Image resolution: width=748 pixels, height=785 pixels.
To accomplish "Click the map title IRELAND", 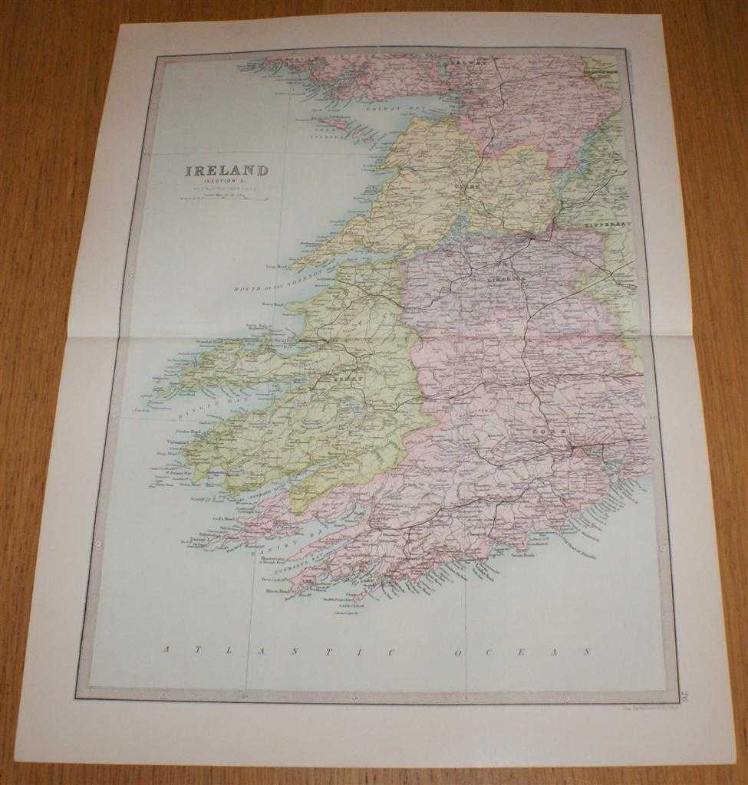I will click(226, 170).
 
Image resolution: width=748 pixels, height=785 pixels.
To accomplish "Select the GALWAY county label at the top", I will click(469, 66).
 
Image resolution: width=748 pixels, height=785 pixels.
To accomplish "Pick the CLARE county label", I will click(462, 186).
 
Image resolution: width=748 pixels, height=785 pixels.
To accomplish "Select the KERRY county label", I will click(341, 379).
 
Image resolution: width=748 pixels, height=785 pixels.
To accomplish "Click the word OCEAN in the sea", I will click(522, 651).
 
